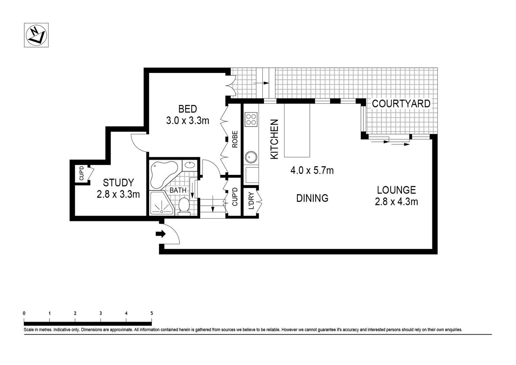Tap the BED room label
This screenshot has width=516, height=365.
(x=187, y=109)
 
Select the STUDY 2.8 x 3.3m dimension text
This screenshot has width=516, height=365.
(x=118, y=194)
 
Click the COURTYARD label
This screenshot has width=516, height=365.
(x=401, y=103)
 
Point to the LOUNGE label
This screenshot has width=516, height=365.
(x=396, y=190)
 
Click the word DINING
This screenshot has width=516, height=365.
(x=312, y=198)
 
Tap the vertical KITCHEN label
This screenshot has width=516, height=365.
(x=274, y=139)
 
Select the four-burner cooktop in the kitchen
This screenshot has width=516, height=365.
(x=251, y=119)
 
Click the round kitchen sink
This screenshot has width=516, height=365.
(x=251, y=156)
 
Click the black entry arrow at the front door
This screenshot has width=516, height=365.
(x=161, y=234)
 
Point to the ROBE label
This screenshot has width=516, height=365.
(x=235, y=139)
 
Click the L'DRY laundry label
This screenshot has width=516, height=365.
(x=251, y=202)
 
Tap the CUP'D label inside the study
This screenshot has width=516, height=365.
(x=81, y=174)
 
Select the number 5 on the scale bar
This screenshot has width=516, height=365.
(x=152, y=313)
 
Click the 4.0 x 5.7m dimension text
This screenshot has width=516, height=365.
(x=312, y=171)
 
